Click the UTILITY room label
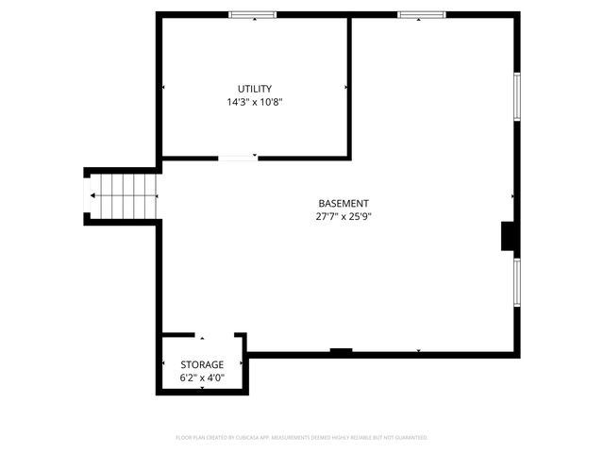pyautogui.click(x=255, y=89)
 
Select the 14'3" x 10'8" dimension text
pyautogui.click(x=255, y=102)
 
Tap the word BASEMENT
pyautogui.click(x=343, y=203)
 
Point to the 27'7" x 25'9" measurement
pyautogui.click(x=343, y=216)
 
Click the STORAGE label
pyautogui.click(x=202, y=364)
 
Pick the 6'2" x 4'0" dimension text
pyautogui.click(x=202, y=377)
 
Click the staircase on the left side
pyautogui.click(x=123, y=196)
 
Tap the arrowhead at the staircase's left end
pyautogui.click(x=92, y=196)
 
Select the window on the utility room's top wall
pyautogui.click(x=253, y=15)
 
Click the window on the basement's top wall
pyautogui.click(x=420, y=15)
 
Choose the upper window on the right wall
pyautogui.click(x=516, y=96)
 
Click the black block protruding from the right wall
pyautogui.click(x=508, y=237)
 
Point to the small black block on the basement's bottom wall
pyautogui.click(x=341, y=352)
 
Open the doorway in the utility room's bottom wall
pyautogui.click(x=238, y=158)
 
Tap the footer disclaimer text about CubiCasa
pyautogui.click(x=302, y=438)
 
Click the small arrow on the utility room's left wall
pyautogui.click(x=164, y=87)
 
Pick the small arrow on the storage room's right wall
pyautogui.click(x=243, y=364)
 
